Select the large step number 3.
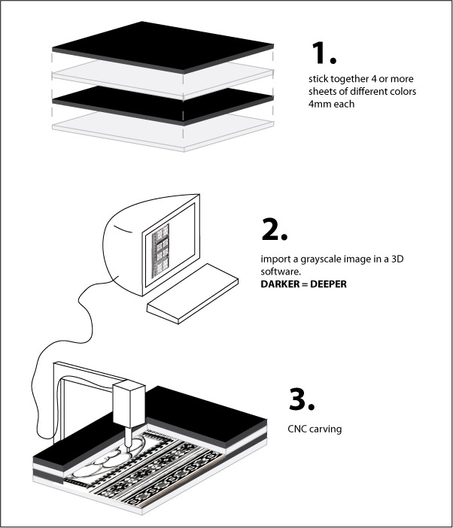pos(303,400)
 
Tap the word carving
pos(327,430)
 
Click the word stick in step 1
pos(318,78)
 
